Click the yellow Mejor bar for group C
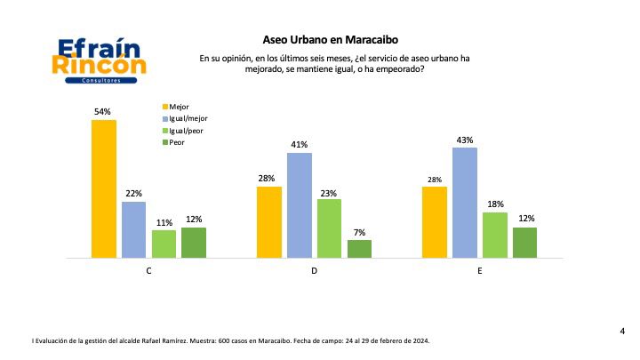click(104, 188)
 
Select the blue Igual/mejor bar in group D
click(300, 205)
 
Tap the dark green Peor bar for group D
click(359, 249)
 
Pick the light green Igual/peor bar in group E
click(495, 236)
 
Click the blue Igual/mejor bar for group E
click(465, 203)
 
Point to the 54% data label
click(103, 112)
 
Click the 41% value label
click(300, 145)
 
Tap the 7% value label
click(359, 232)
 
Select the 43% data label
click(465, 140)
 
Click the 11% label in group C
click(164, 222)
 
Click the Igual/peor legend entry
click(183, 130)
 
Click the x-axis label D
click(315, 270)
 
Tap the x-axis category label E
click(480, 270)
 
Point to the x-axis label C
click(148, 270)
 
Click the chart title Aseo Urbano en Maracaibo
click(319, 39)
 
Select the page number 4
click(621, 332)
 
